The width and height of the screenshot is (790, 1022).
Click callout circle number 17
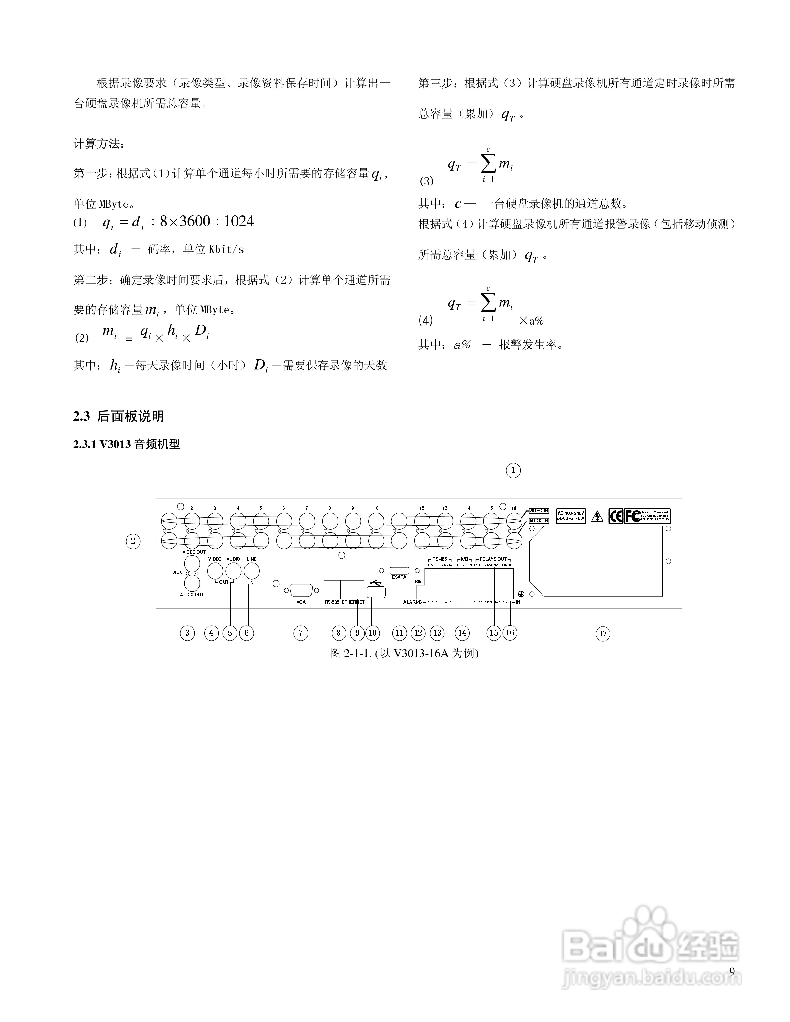[603, 634]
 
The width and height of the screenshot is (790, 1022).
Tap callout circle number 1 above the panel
[513, 470]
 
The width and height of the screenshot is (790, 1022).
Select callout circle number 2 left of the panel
[133, 541]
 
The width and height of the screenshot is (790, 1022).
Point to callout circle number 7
[300, 633]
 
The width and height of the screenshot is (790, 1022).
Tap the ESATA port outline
[399, 570]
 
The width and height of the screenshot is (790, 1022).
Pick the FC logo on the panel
[633, 516]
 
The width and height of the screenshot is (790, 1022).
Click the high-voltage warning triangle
[597, 516]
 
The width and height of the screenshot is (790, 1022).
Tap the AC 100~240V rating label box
[571, 516]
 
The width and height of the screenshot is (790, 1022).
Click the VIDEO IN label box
[539, 511]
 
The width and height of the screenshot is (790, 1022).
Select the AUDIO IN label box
[539, 520]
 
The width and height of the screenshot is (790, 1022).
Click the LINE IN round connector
[252, 571]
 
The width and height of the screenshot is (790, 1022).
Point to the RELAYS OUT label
[493, 559]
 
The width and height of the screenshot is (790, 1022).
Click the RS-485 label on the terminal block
[440, 559]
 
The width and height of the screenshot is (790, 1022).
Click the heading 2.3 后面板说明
[118, 416]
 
